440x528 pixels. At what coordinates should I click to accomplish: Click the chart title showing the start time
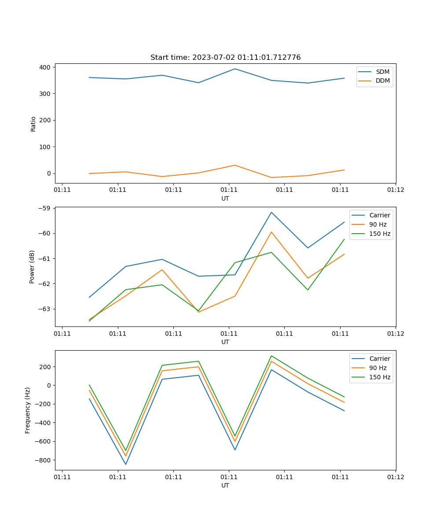pyautogui.click(x=225, y=58)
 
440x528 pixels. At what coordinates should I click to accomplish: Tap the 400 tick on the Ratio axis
pyautogui.click(x=45, y=67)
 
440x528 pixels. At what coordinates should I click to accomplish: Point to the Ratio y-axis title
pyautogui.click(x=33, y=124)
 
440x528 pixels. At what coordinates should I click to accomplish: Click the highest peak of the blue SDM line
pyautogui.click(x=235, y=69)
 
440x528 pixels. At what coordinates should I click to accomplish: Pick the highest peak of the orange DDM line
pyautogui.click(x=235, y=165)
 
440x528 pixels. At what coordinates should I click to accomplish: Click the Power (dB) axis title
pyautogui.click(x=32, y=267)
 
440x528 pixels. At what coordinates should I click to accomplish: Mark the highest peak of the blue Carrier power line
pyautogui.click(x=271, y=212)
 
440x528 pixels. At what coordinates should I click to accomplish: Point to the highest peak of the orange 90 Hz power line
pyautogui.click(x=271, y=232)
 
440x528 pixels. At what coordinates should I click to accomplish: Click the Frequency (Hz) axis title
pyautogui.click(x=28, y=410)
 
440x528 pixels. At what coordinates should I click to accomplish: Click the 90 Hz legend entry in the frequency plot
pyautogui.click(x=378, y=368)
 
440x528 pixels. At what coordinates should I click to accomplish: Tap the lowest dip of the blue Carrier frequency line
pyautogui.click(x=126, y=464)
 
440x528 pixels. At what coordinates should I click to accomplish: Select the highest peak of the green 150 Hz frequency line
pyautogui.click(x=271, y=356)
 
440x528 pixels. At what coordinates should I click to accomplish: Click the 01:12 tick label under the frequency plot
pyautogui.click(x=395, y=477)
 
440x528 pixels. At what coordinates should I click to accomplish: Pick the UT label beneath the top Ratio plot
pyautogui.click(x=225, y=198)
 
